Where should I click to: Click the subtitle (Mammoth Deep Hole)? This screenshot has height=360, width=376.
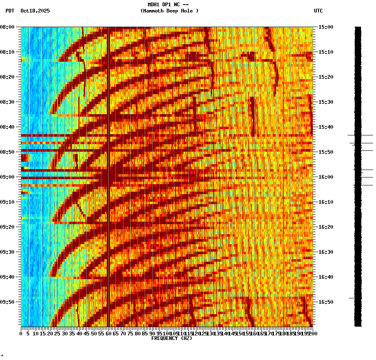pos(169,11)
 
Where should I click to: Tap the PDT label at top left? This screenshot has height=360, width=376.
pos(10,11)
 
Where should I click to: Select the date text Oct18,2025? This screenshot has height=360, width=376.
pos(35,11)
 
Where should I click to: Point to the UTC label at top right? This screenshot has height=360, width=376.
pos(318,11)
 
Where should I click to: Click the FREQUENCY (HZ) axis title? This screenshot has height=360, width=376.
pos(171,338)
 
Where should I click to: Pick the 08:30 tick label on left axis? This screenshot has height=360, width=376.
pos(8,102)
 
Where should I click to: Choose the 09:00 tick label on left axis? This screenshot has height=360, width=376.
pos(8,177)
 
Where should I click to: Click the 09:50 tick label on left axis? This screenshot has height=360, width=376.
pos(8,302)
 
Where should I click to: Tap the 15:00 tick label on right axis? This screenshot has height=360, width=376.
pos(326,27)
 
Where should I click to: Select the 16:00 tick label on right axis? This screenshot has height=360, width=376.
pos(326,177)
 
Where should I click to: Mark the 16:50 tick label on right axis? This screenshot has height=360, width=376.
pos(326,302)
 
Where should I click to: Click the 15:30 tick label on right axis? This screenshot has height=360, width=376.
pos(326,102)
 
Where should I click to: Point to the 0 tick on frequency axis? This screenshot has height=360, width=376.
pos(21,333)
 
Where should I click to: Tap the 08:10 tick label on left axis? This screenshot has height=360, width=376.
pos(8,52)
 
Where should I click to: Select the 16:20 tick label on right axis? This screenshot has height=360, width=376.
pos(326,227)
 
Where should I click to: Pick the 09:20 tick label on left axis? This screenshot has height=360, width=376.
pos(8,227)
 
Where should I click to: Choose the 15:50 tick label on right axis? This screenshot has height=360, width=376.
pos(326,152)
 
